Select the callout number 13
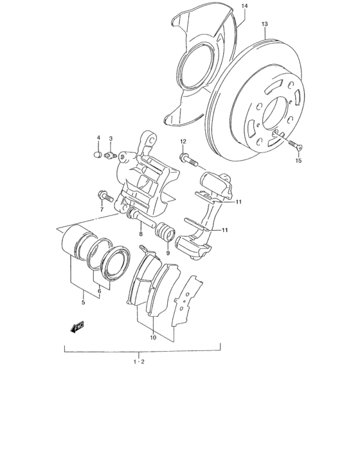click(x=265, y=24)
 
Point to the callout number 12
click(x=183, y=141)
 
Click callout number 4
click(x=98, y=138)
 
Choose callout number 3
click(x=111, y=138)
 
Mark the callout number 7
click(x=101, y=209)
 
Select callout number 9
click(x=167, y=253)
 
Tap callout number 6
click(x=99, y=291)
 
